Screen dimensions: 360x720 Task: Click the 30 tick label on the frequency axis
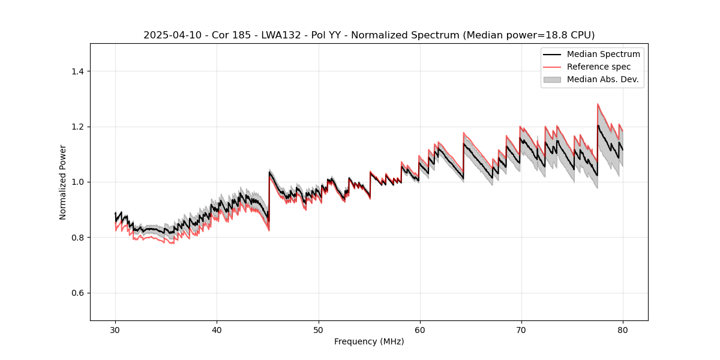[x=115, y=329]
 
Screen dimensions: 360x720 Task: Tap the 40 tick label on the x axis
[x=217, y=329]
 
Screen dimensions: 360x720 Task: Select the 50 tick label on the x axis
[x=318, y=329]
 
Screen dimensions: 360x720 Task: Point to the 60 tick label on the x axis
[x=419, y=329]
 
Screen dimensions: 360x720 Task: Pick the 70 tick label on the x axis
[x=521, y=329]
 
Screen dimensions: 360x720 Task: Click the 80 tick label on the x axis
[x=622, y=329]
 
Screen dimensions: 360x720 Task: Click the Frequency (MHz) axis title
[x=369, y=341]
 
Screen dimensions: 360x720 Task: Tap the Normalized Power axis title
[x=63, y=182]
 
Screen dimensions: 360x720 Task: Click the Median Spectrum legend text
[x=603, y=54]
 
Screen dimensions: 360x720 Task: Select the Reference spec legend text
[x=599, y=67]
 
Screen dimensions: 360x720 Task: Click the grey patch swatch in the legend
[x=552, y=79]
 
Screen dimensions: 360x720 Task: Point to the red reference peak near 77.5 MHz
[x=598, y=104]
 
